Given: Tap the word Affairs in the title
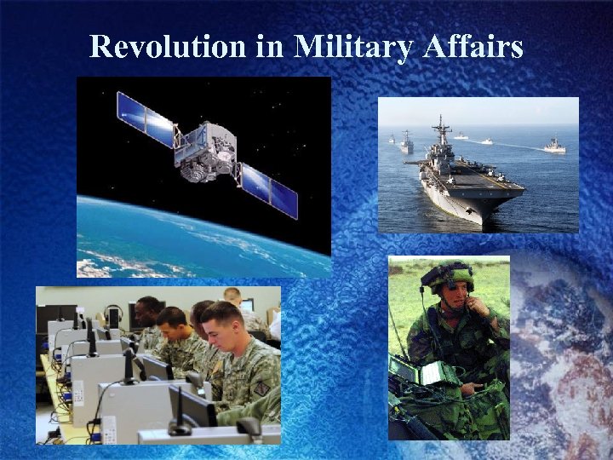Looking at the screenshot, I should point(473,47).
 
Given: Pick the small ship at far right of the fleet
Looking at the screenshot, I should point(554,147).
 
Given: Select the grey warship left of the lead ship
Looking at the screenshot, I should point(407,144).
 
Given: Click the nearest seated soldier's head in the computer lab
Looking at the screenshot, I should point(223,323).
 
